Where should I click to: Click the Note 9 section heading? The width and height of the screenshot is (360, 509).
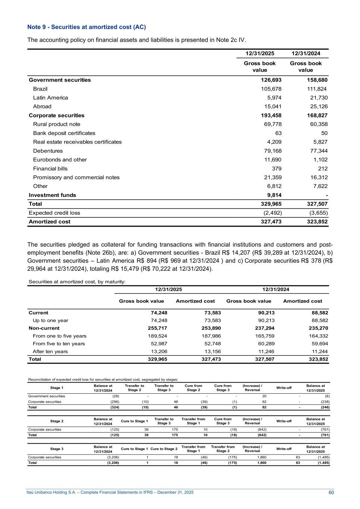(87, 27)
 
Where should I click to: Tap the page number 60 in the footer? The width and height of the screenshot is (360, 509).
(331, 493)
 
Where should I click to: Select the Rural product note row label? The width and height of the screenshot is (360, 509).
(57, 124)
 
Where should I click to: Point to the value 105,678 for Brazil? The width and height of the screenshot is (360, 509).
(271, 89)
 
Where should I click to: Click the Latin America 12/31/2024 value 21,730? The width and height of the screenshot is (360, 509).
(317, 98)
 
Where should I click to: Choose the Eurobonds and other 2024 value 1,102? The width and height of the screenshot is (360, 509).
(319, 160)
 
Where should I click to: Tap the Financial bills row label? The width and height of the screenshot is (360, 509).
(50, 169)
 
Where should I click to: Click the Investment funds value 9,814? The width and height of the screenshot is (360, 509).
(273, 195)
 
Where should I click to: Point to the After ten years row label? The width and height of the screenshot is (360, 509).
(50, 351)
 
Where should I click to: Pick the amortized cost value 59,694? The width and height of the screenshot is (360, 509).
(319, 344)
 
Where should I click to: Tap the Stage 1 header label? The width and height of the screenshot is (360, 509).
(57, 388)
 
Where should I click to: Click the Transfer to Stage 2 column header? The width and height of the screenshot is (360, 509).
(134, 388)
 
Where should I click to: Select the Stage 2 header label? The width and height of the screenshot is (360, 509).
(57, 421)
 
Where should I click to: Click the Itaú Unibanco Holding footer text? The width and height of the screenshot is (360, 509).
(110, 493)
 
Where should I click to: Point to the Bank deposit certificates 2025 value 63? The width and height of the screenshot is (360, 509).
(278, 133)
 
